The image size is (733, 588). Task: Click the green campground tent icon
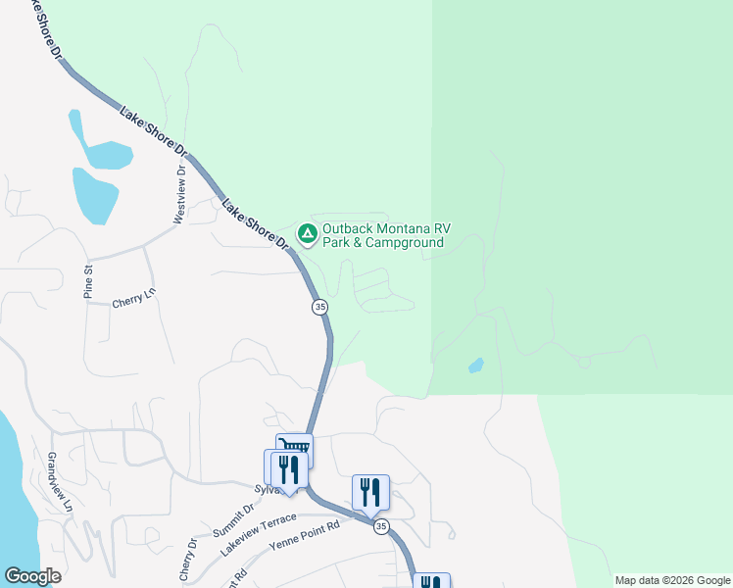(307, 233)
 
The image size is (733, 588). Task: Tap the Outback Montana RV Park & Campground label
(384, 234)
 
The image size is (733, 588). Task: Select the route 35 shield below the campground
(320, 307)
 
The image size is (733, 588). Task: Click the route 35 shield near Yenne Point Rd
(381, 526)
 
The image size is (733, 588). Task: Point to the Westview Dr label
(179, 194)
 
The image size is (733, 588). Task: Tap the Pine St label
(87, 280)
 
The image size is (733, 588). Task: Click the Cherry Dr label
(187, 564)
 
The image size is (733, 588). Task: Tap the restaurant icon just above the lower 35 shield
(370, 491)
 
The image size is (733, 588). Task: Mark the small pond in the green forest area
(476, 366)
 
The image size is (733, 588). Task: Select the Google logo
(32, 576)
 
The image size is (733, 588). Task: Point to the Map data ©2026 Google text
(671, 580)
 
